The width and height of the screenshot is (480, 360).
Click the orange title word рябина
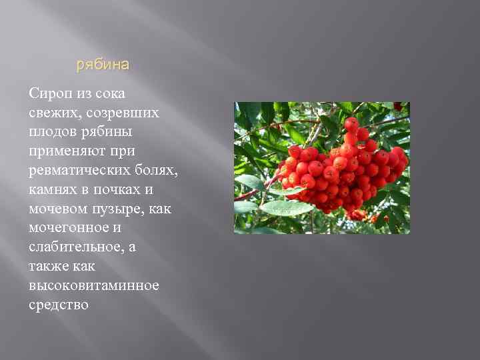point(103,65)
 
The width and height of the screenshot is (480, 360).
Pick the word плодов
point(52,132)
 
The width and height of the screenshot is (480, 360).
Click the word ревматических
point(79,171)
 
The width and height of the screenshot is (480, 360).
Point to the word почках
point(117,190)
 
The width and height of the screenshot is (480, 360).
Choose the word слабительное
point(73,248)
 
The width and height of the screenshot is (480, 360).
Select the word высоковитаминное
point(94,286)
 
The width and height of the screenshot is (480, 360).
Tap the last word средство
point(59,305)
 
